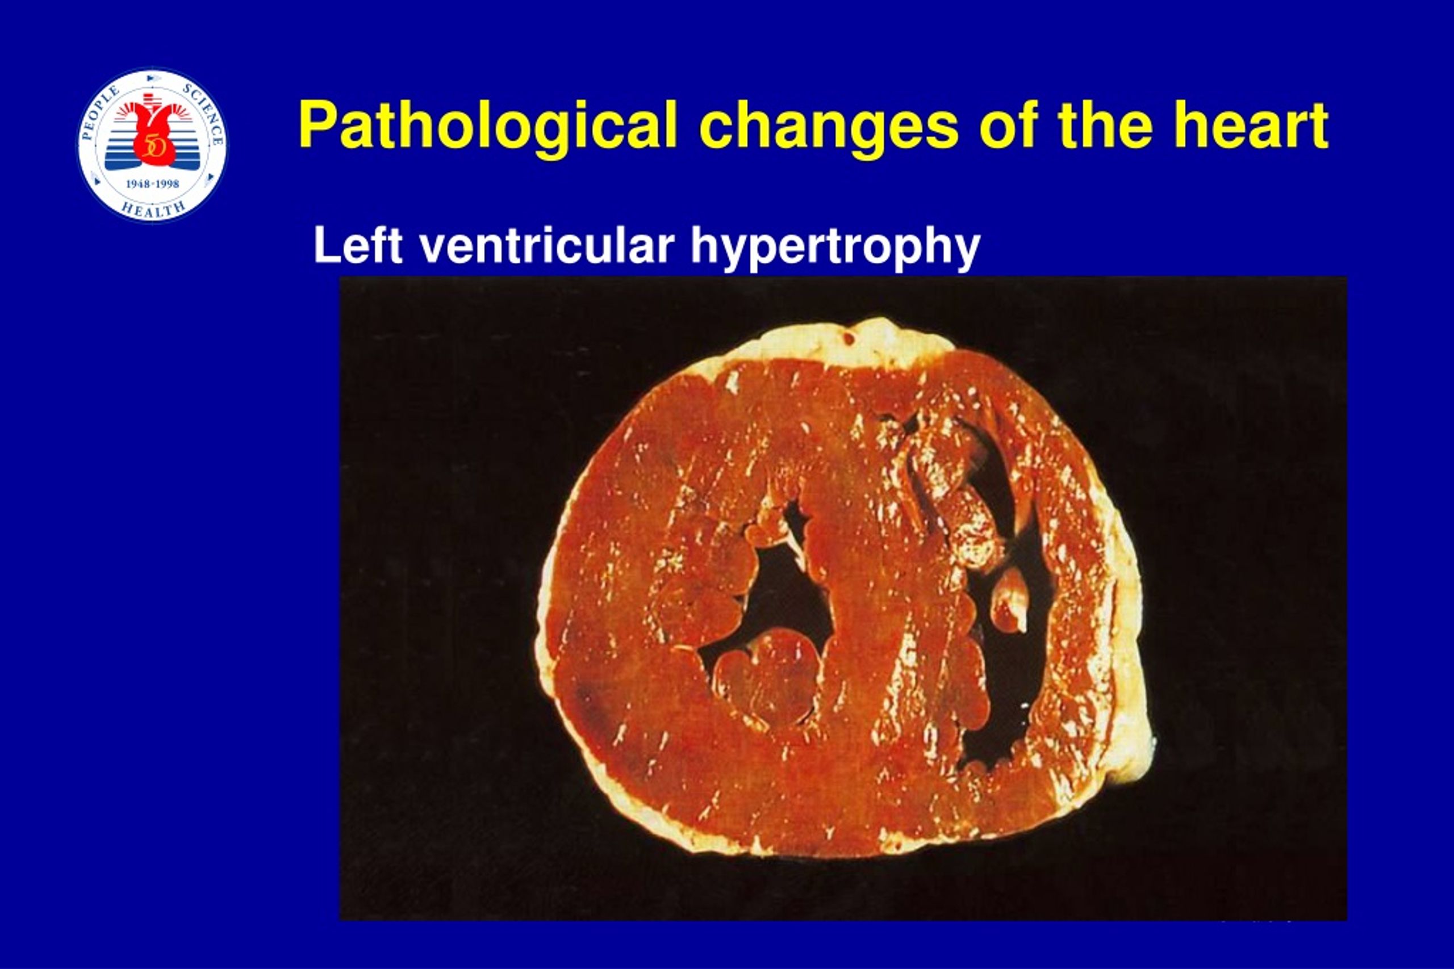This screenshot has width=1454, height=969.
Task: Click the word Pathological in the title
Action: [488, 126]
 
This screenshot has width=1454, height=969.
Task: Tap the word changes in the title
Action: [829, 127]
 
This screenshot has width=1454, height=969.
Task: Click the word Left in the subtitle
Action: [358, 245]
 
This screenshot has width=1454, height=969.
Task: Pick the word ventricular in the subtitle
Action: [546, 245]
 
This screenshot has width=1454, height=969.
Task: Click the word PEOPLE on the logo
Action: [101, 113]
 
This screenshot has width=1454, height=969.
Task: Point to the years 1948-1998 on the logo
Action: [152, 184]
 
